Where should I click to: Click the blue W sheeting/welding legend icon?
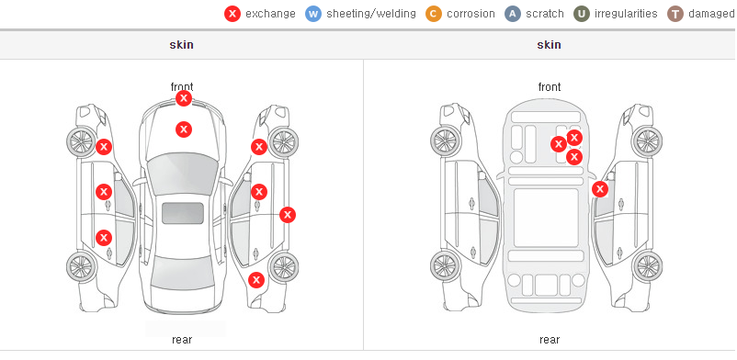pyautogui.click(x=312, y=14)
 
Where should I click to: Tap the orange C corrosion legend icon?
pyautogui.click(x=434, y=14)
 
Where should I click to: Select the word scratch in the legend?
pyautogui.click(x=545, y=14)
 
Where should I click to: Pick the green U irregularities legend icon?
pyautogui.click(x=582, y=14)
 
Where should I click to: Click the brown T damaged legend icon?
pyautogui.click(x=675, y=14)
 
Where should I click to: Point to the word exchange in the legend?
pyautogui.click(x=270, y=14)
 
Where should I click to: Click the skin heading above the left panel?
pyautogui.click(x=181, y=45)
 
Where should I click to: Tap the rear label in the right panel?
pyautogui.click(x=549, y=339)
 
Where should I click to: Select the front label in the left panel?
pyautogui.click(x=181, y=86)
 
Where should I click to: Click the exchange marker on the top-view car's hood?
pyautogui.click(x=184, y=129)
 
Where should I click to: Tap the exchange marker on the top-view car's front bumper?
pyautogui.click(x=184, y=98)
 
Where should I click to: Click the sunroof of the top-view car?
pyautogui.click(x=183, y=213)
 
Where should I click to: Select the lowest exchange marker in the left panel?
pyautogui.click(x=256, y=281)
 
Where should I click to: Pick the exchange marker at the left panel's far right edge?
pyautogui.click(x=288, y=215)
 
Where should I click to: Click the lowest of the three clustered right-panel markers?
pyautogui.click(x=574, y=157)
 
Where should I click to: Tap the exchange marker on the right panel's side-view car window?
pyautogui.click(x=600, y=189)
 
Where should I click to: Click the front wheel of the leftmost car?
pyautogui.click(x=81, y=141)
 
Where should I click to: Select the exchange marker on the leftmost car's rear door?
pyautogui.click(x=104, y=238)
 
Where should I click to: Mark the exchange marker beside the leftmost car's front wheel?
pyautogui.click(x=104, y=147)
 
